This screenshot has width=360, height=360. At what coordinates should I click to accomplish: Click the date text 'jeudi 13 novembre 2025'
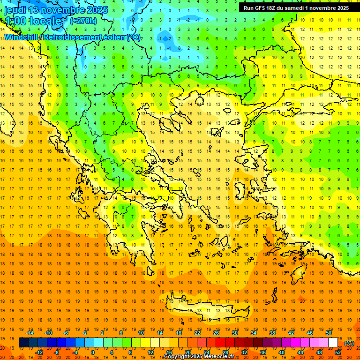(x=55, y=9)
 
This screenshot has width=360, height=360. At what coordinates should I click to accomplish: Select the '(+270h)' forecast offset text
(x=83, y=21)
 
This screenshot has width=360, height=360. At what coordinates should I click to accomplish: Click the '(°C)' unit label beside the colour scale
(x=349, y=343)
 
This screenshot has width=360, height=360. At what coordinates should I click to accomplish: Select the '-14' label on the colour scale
(x=30, y=333)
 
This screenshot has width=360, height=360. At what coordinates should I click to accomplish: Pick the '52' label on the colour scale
(x=338, y=352)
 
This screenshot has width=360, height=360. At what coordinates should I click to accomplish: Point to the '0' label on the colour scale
(x=93, y=352)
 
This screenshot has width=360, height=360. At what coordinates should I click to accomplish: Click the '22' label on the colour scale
(x=197, y=333)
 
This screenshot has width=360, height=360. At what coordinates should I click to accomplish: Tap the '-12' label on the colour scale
(x=39, y=352)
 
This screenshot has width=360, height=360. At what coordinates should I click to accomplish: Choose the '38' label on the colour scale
(x=272, y=333)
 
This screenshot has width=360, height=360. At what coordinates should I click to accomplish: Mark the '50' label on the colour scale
(x=328, y=333)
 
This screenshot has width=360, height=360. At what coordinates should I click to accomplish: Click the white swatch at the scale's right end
(x=333, y=343)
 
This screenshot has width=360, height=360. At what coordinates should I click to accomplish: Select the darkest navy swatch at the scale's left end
(x=23, y=343)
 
